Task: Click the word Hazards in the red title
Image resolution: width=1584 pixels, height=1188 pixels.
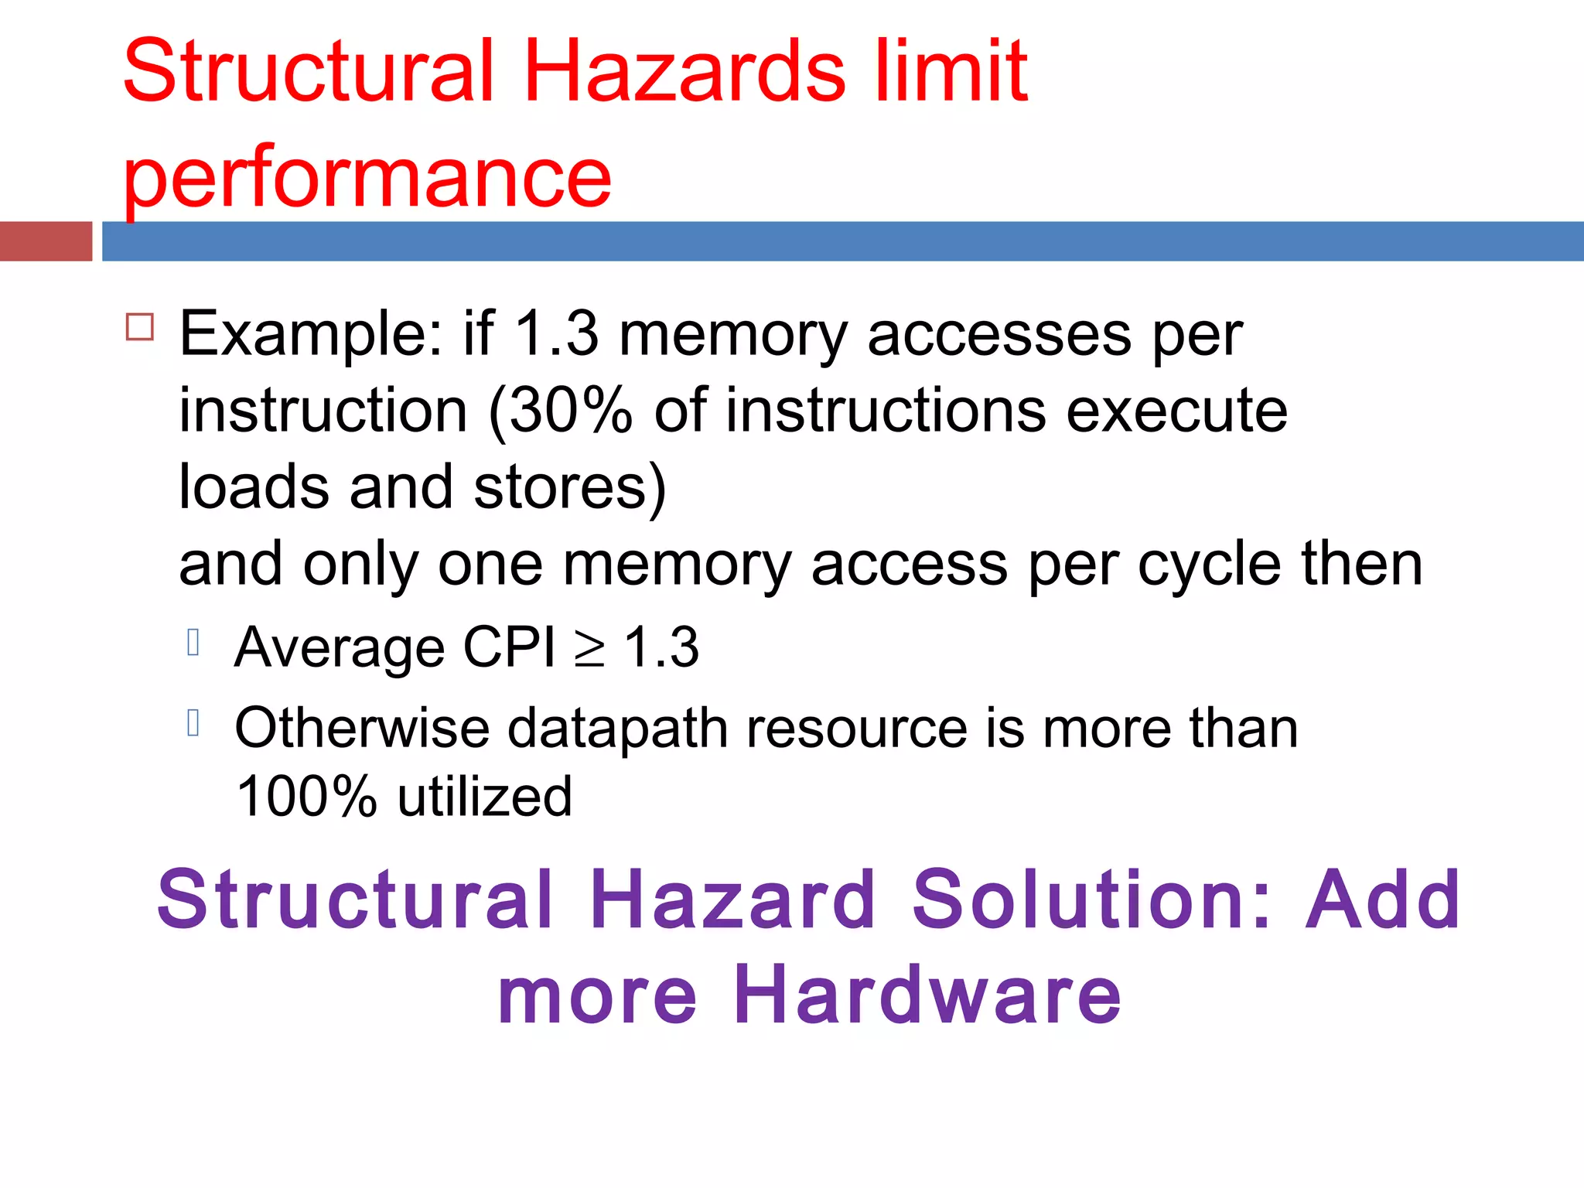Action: pos(684,71)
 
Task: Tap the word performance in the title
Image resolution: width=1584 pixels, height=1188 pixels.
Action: pos(367,178)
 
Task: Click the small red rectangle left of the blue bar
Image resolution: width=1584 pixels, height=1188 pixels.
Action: pos(46,241)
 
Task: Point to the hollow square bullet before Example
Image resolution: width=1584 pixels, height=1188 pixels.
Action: pos(140,327)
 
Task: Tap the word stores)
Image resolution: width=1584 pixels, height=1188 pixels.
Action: pos(570,487)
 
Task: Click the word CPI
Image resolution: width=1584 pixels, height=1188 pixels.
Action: pos(509,647)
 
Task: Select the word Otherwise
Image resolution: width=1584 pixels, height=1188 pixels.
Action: pos(362,729)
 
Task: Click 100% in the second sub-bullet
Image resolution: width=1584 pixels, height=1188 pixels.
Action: pos(306,797)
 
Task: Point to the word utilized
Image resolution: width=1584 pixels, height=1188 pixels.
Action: pos(485,797)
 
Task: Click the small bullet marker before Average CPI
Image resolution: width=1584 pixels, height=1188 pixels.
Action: pos(193,642)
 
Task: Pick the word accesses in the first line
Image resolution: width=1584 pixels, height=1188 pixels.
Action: pos(999,334)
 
